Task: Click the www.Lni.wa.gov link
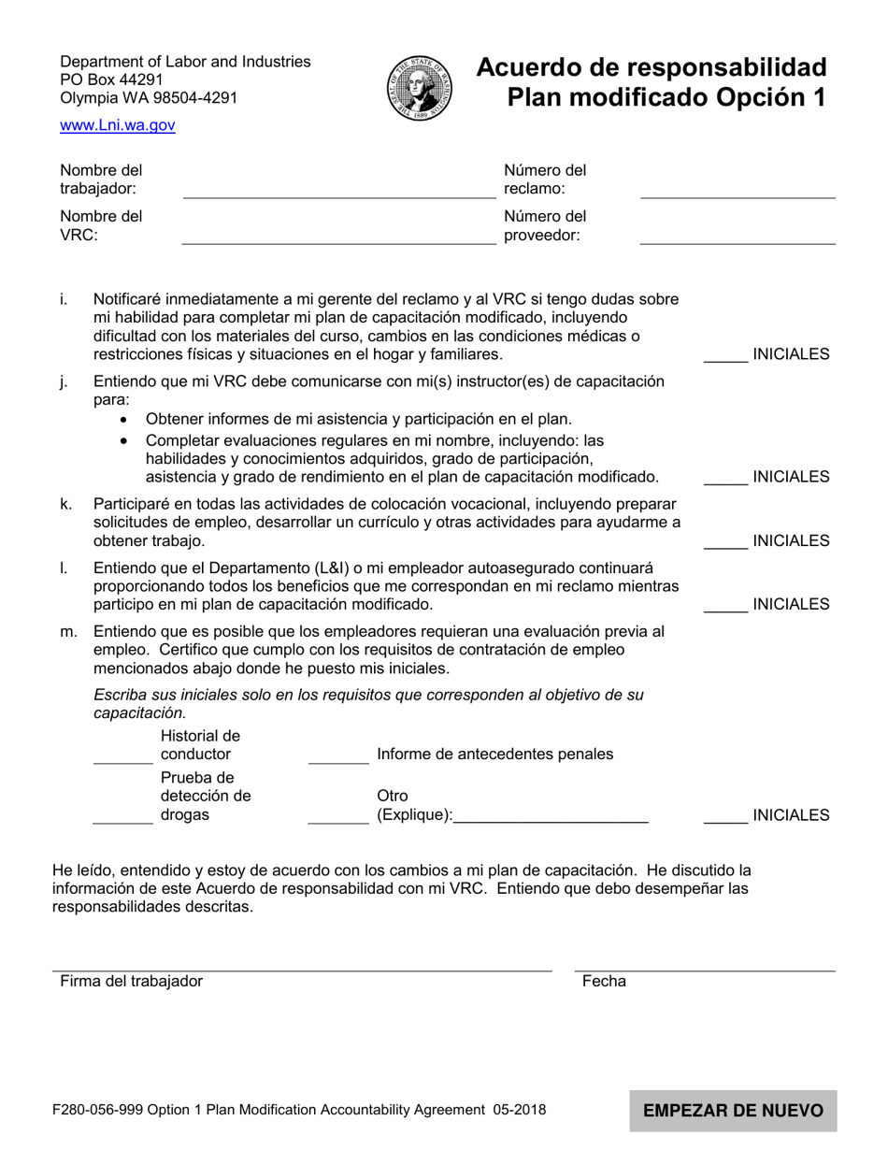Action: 117,125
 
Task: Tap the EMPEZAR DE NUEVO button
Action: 732,1111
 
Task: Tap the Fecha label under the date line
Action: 604,982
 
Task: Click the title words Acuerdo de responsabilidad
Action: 652,67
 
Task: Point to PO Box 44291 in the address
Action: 111,79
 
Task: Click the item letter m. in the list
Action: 68,632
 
